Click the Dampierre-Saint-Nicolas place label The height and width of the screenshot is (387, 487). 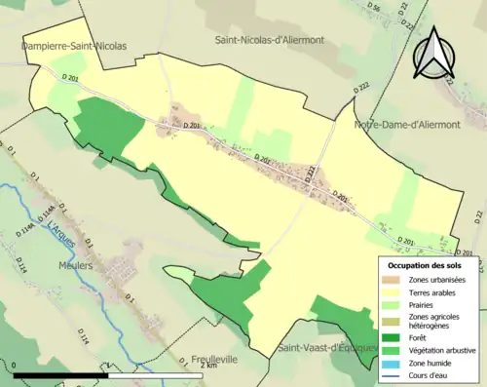73,45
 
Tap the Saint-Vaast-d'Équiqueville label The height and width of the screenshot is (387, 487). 325,348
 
